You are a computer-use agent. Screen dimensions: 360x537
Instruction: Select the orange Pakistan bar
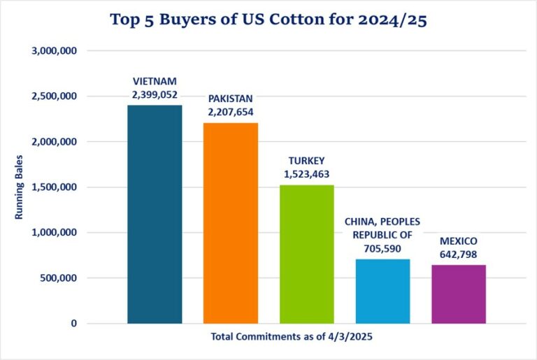pyautogui.click(x=231, y=223)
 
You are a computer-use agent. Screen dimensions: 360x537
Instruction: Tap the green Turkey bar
pyautogui.click(x=306, y=254)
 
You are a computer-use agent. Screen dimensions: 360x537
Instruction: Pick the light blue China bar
pyautogui.click(x=382, y=291)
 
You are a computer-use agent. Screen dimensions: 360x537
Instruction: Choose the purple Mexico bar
pyautogui.click(x=459, y=294)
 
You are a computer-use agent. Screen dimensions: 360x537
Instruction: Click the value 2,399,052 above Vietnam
pyautogui.click(x=155, y=92)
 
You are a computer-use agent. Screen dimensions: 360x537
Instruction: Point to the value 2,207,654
pyautogui.click(x=231, y=110)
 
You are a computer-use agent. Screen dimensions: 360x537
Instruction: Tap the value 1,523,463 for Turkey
pyautogui.click(x=307, y=173)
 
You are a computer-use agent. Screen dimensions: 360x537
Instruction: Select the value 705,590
pyautogui.click(x=382, y=247)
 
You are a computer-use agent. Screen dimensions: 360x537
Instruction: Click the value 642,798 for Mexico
pyautogui.click(x=459, y=253)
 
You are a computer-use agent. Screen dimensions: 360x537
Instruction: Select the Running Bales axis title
pyautogui.click(x=19, y=187)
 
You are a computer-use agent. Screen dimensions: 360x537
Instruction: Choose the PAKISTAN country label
pyautogui.click(x=231, y=99)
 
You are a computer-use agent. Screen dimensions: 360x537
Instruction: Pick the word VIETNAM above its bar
pyautogui.click(x=155, y=80)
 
